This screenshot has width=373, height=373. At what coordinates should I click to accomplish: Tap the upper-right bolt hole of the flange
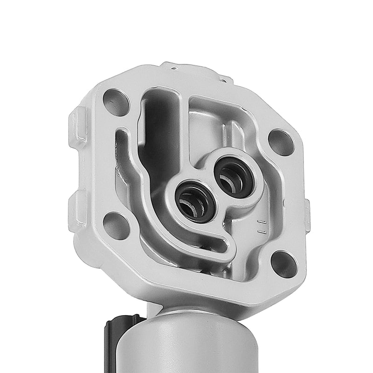click(282, 142)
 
